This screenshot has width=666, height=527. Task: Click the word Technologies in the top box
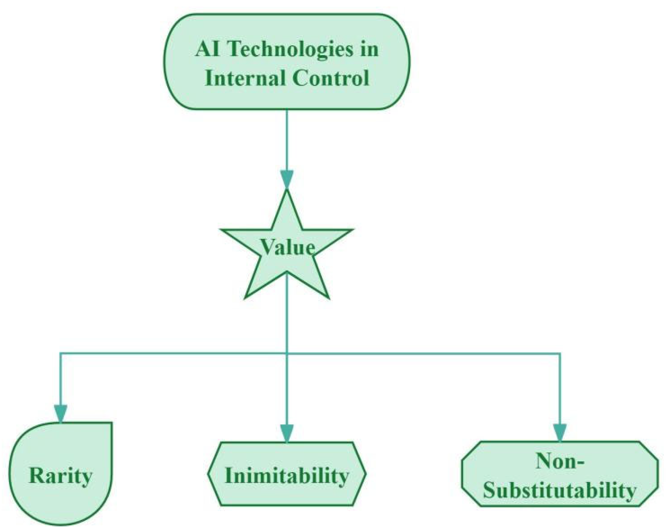[291, 49]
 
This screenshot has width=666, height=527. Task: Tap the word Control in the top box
[331, 78]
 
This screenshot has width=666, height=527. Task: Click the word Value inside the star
[287, 247]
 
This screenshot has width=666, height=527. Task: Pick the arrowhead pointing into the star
[287, 179]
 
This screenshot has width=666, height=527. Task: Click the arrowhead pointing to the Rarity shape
[60, 413]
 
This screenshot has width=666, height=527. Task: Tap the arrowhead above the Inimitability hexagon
[287, 433]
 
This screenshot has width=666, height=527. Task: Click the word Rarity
[60, 476]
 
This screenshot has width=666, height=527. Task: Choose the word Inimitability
[287, 476]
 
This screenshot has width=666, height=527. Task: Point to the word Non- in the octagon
[559, 461]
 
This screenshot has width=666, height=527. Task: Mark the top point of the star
[287, 191]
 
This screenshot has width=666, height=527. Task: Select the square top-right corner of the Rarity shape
[111, 423]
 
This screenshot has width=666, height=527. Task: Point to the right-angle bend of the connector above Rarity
[60, 353]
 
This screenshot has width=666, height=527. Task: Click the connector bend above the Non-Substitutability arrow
[560, 353]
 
